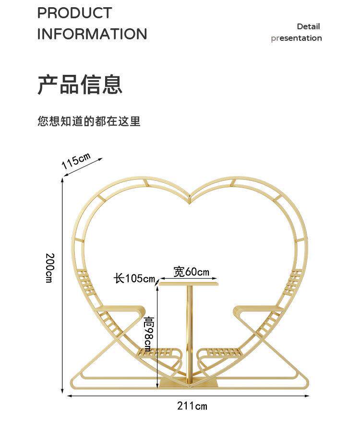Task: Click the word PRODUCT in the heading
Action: point(74,13)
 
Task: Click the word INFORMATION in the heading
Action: point(92,34)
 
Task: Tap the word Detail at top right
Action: point(308,26)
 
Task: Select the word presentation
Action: point(296,38)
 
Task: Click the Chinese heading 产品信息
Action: point(80,84)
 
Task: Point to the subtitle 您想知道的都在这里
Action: point(89,121)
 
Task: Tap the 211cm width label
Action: point(192,406)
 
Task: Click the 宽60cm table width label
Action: point(191,272)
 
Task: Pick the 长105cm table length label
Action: point(134,278)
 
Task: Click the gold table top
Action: point(189,284)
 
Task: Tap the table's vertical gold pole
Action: point(189,331)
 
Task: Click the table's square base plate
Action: point(189,382)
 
